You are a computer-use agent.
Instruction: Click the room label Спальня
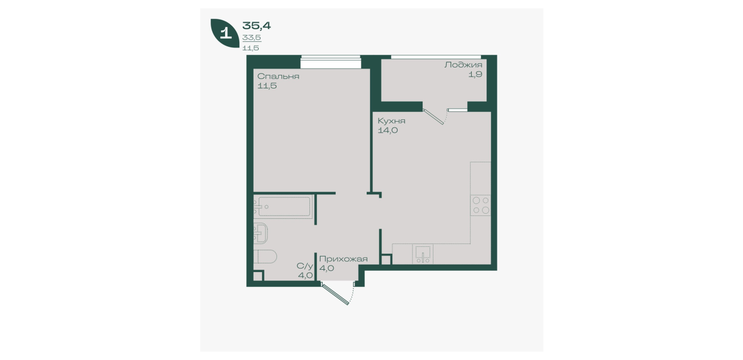[278, 77]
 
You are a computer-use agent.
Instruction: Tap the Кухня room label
[391, 121]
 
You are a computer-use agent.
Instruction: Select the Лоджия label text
[463, 65]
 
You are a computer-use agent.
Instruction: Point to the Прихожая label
[343, 259]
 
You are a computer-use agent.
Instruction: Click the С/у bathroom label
[305, 266]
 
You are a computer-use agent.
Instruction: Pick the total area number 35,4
[256, 26]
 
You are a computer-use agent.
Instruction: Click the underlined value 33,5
[252, 38]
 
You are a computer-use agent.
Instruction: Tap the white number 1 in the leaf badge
[226, 33]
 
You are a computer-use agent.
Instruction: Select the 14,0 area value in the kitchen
[388, 130]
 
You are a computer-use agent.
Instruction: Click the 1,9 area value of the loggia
[475, 74]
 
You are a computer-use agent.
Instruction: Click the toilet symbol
[265, 256]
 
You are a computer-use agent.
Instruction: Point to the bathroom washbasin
[261, 233]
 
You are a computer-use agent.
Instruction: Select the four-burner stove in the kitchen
[481, 205]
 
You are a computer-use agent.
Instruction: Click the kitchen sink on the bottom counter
[423, 254]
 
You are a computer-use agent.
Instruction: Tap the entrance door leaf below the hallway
[335, 293]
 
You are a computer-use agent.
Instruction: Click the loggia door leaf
[433, 117]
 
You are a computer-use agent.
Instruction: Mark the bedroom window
[331, 62]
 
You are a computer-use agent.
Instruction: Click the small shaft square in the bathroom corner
[258, 276]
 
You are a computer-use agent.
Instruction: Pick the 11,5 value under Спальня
[267, 86]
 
